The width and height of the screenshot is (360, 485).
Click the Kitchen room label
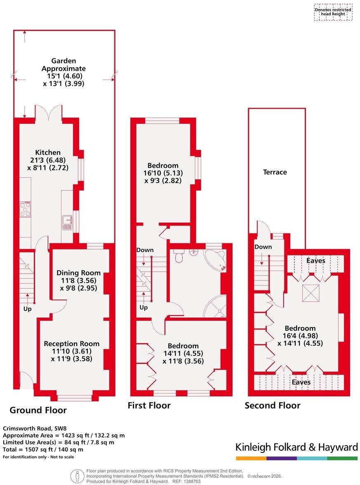click(x=48, y=153)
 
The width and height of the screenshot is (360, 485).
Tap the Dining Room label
click(x=78, y=273)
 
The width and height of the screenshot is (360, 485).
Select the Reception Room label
click(x=72, y=344)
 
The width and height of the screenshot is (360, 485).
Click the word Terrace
click(x=275, y=172)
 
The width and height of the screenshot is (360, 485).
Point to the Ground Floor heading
click(x=38, y=410)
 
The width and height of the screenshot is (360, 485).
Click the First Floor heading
click(x=149, y=405)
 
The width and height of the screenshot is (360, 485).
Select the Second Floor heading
click(x=273, y=405)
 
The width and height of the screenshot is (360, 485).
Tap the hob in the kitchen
click(x=25, y=209)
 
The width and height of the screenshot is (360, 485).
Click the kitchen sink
click(x=66, y=222)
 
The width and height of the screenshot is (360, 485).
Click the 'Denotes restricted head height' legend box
click(x=333, y=12)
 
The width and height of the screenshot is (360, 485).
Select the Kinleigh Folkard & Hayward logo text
click(x=296, y=447)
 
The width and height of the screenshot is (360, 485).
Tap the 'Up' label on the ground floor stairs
click(x=27, y=308)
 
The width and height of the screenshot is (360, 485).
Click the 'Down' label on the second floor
click(x=263, y=247)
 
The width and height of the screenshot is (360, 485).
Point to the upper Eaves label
click(x=316, y=261)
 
